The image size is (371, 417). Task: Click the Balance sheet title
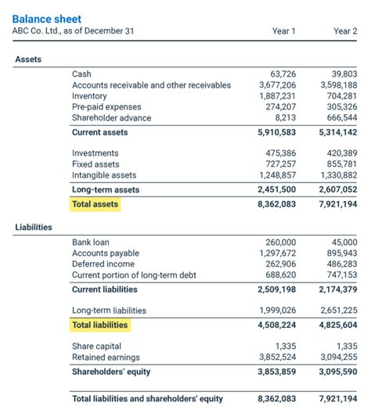[46, 19]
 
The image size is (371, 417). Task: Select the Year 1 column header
[283, 31]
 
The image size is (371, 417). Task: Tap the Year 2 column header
[344, 31]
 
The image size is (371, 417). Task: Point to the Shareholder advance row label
[111, 117]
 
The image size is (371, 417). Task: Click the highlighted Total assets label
[95, 204]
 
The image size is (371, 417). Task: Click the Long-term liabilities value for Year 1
[277, 311]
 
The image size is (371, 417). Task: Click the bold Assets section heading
[29, 59]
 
